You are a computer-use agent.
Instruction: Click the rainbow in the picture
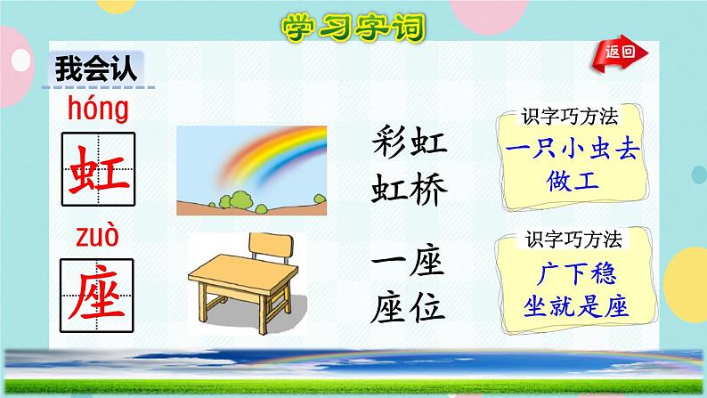(258, 156)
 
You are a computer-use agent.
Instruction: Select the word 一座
(406, 264)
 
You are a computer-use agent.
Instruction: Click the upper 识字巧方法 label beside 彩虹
(570, 117)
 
